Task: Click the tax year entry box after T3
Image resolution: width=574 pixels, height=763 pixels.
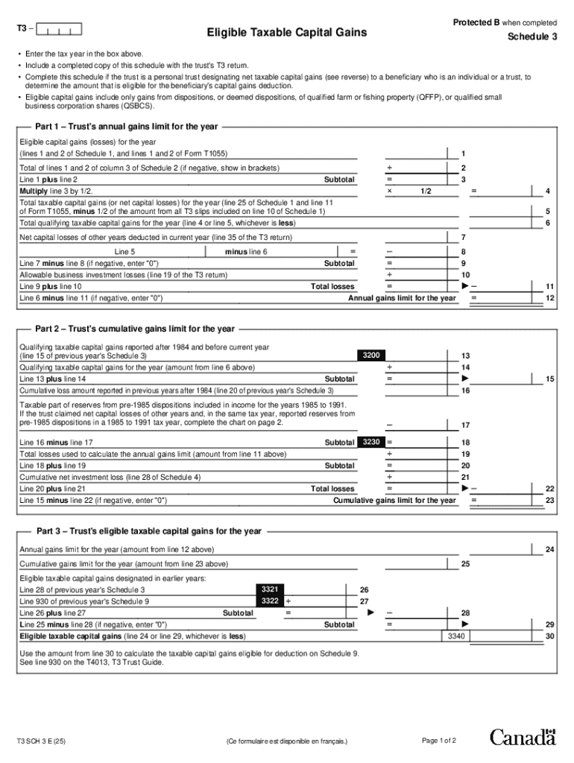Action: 60,31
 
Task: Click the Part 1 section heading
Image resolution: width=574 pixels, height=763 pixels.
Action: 127,127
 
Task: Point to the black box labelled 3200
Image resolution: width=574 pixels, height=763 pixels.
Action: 372,356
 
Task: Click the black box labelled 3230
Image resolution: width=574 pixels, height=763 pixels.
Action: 372,443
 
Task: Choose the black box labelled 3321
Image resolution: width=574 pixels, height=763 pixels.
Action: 271,589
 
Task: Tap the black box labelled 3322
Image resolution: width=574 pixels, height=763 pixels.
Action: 271,601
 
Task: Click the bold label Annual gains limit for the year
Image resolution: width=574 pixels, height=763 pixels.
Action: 402,298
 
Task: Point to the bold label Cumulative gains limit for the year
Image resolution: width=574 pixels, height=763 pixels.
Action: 394,500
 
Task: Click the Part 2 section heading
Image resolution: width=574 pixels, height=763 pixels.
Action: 135,329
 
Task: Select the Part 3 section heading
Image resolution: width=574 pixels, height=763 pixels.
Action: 148,531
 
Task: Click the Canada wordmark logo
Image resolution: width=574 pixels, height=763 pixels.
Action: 523,738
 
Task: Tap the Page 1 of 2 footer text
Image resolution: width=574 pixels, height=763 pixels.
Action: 438,740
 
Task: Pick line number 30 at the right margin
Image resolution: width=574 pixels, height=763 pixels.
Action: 549,636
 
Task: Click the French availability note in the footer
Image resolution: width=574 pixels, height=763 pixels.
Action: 286,741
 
